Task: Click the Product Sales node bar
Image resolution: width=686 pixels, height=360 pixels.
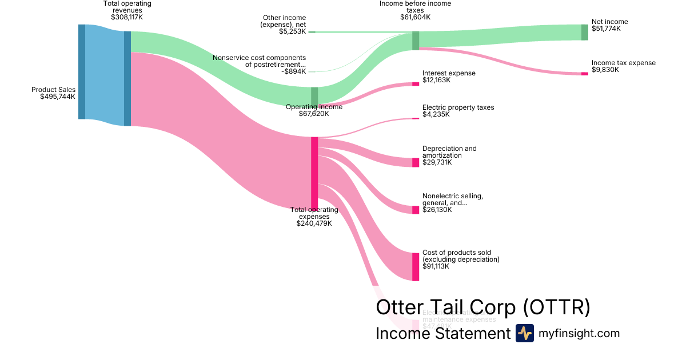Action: click(82, 72)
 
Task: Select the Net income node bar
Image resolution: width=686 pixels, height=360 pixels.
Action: click(584, 33)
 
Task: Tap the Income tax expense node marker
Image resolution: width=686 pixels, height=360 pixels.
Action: click(584, 74)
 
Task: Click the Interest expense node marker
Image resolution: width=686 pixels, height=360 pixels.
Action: click(416, 84)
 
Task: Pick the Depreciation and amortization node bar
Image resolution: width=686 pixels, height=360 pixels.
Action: click(416, 162)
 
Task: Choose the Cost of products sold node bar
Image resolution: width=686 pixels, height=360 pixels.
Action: click(416, 266)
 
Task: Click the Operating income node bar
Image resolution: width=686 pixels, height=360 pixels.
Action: click(314, 97)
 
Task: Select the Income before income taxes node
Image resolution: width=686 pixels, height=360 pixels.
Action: click(416, 41)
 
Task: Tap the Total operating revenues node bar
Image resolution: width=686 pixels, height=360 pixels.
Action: click(127, 78)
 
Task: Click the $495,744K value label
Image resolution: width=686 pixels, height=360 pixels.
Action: click(57, 97)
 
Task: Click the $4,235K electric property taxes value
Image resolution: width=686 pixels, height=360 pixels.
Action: click(436, 114)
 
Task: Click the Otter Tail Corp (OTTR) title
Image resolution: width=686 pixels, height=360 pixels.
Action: click(482, 307)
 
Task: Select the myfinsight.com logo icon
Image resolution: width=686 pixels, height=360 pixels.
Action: click(524, 333)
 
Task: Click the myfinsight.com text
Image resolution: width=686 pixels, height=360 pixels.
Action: click(579, 333)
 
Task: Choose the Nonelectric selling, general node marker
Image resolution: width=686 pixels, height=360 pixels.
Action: click(416, 210)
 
